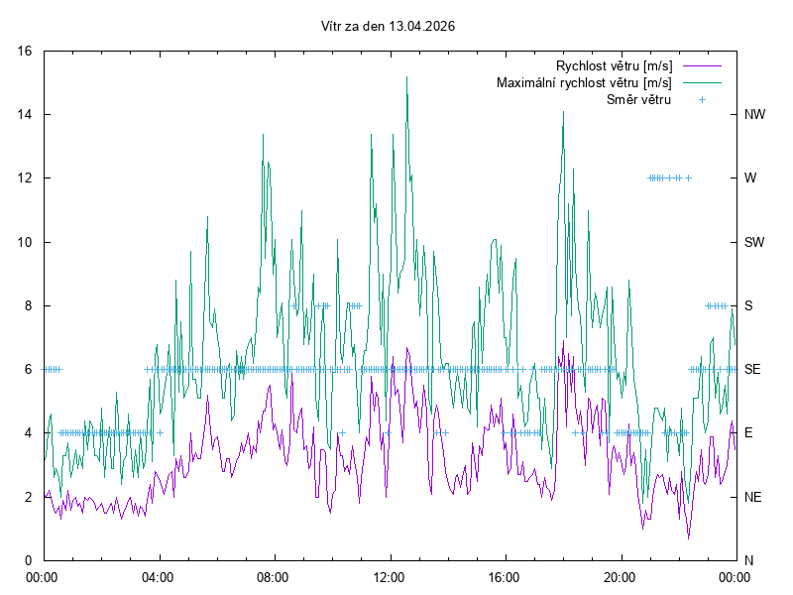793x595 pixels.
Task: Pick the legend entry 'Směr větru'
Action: (638, 99)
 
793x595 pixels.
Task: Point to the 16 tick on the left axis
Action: (26, 51)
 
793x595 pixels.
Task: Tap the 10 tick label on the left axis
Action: (26, 242)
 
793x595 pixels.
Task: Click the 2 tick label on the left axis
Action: (29, 497)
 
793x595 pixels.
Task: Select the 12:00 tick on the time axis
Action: (389, 576)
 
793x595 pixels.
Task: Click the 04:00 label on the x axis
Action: (158, 576)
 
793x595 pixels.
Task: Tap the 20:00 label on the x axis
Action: (620, 576)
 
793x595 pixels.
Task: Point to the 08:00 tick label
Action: (273, 576)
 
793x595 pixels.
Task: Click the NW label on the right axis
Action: (754, 114)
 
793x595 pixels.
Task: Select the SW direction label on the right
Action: (754, 242)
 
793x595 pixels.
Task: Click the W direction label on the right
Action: (750, 178)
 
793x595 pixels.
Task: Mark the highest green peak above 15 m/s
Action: (406, 77)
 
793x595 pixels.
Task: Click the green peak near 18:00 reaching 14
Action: (564, 112)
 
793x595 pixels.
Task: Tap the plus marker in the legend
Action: (702, 99)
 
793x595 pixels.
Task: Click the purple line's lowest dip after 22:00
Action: (688, 537)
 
